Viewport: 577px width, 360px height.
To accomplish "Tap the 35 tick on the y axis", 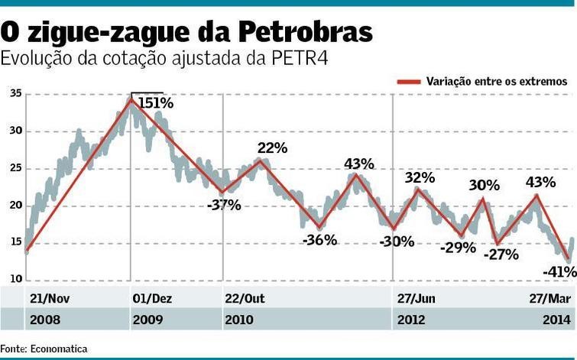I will pos(16,93).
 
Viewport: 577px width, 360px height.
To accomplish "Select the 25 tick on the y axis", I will pos(16,168).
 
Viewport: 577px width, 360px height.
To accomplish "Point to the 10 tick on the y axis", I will pos(16,279).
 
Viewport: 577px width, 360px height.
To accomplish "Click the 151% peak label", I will pos(157,102).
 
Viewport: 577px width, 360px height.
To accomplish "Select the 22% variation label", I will pos(272,148).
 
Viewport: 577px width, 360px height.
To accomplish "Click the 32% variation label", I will pos(420,178).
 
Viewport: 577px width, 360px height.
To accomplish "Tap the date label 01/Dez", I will pos(152,298).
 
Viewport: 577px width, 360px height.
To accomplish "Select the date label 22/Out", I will pos(245,298).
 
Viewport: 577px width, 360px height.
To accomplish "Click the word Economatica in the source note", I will pos(59,349).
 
